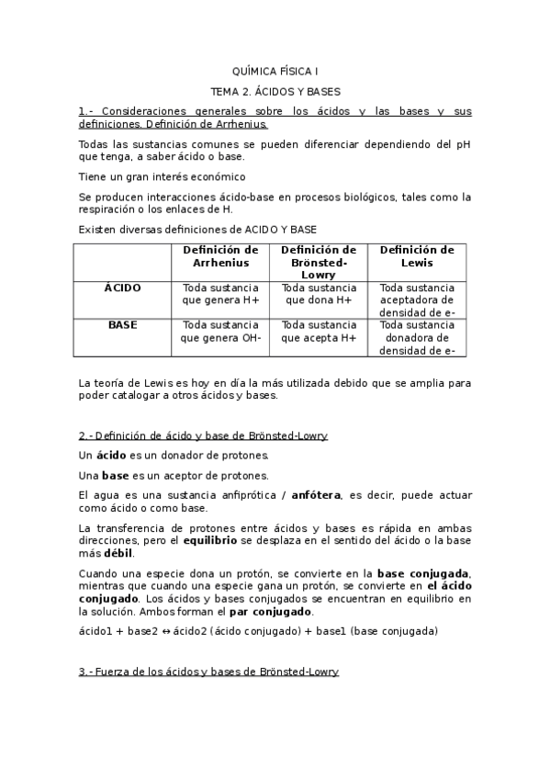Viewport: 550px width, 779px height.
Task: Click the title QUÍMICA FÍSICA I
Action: (275, 71)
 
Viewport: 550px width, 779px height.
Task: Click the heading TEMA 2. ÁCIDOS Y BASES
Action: (275, 92)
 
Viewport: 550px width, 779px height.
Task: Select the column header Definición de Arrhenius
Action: (220, 256)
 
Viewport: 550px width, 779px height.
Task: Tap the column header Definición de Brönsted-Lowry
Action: (319, 262)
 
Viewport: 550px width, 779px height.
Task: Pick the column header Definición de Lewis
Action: (417, 256)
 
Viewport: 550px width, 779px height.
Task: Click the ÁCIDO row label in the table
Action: (123, 288)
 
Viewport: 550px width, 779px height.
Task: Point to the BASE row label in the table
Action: (123, 324)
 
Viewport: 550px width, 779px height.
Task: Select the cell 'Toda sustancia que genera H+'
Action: (220, 293)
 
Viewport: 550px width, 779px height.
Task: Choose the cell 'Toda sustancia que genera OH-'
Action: (220, 331)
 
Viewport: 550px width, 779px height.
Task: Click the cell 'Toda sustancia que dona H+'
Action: (319, 293)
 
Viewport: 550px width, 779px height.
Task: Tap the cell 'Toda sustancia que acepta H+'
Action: (319, 331)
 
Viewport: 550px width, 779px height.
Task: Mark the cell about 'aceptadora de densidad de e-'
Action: (417, 299)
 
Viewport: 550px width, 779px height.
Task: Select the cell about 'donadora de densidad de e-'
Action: (417, 337)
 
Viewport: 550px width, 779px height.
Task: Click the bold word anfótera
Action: (316, 495)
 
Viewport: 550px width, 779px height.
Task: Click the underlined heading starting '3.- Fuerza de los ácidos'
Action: (208, 672)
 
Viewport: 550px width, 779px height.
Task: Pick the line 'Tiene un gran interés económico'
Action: (162, 176)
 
